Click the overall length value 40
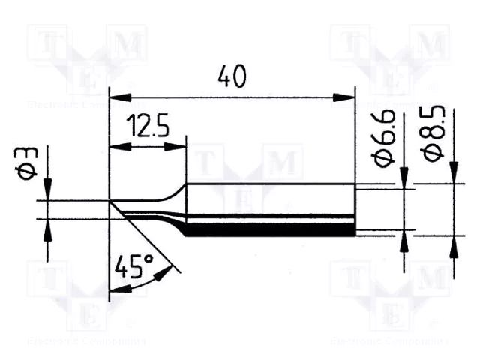coord(232,76)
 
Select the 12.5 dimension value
coord(146,126)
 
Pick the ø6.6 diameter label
coord(384,139)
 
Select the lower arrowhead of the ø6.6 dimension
coord(404,239)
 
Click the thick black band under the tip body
coord(270,231)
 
